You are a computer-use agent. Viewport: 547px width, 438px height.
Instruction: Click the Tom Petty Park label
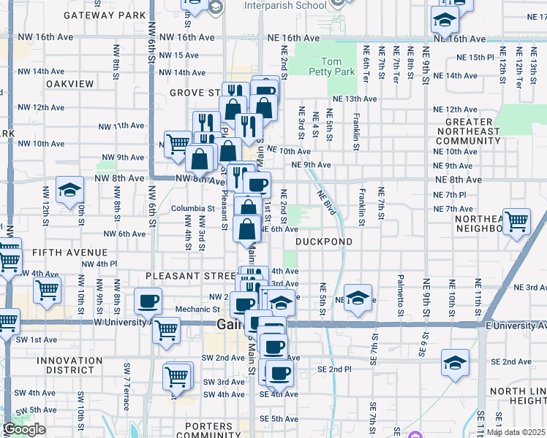(x=333, y=66)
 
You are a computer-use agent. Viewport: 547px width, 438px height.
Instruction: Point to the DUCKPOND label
(x=324, y=242)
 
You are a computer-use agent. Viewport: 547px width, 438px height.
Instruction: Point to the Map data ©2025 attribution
(x=516, y=431)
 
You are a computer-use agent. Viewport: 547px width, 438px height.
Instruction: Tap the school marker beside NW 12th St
(x=69, y=191)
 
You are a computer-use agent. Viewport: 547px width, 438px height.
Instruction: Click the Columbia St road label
(x=192, y=208)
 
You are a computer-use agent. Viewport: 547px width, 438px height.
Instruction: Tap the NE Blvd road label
(x=326, y=202)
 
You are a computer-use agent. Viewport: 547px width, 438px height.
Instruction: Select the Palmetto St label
(x=401, y=292)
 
